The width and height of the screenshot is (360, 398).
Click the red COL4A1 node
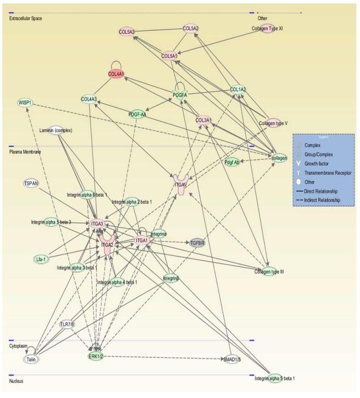pos(117,74)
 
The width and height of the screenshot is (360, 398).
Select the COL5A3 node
pos(127,32)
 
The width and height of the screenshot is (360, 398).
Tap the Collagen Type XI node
pos(267,29)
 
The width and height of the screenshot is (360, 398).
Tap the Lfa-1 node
pos(41,259)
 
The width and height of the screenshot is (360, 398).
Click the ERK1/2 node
pos(96,356)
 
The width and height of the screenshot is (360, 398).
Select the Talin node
pos(32,359)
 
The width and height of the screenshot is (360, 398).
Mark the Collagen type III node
pos(269,272)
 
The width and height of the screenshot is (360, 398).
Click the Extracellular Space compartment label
pos(25,19)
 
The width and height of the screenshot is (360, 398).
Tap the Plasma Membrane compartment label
pos(25,152)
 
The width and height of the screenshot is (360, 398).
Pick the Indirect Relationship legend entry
pos(325,199)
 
